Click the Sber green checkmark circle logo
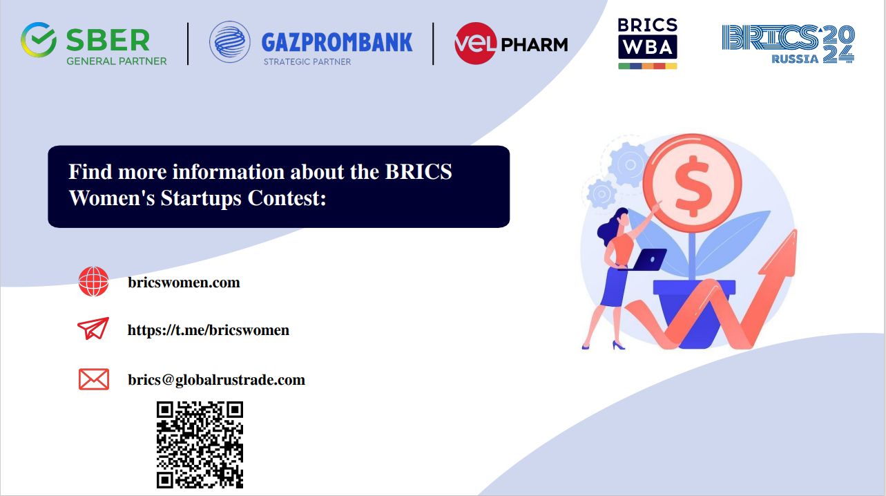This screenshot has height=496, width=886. point(39,40)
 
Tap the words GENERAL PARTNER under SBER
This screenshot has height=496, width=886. point(117,61)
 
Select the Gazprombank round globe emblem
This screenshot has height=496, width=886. point(230,42)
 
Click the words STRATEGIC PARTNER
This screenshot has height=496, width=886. point(307,61)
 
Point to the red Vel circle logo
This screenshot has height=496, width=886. point(475,43)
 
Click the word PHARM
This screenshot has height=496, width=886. point(535,45)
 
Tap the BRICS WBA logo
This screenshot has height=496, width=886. point(648,43)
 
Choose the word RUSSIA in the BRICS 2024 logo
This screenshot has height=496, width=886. point(795,59)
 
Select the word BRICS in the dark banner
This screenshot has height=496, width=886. point(418,171)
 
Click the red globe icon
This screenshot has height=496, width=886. point(93,282)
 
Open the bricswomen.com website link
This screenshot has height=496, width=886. point(184,283)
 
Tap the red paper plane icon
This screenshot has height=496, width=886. point(93,328)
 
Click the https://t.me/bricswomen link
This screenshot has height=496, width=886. point(209,330)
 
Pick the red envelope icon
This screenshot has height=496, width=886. point(94,379)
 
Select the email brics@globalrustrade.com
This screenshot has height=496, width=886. point(216,380)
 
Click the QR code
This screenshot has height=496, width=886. point(200,445)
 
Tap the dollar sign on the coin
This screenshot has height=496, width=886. point(693,187)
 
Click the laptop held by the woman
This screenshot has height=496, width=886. point(647,260)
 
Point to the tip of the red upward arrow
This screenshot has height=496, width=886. point(795,230)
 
